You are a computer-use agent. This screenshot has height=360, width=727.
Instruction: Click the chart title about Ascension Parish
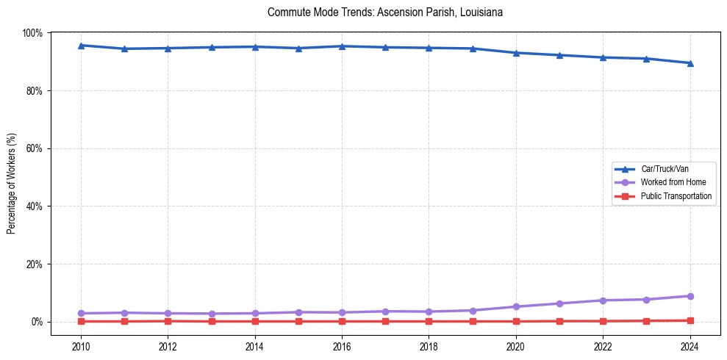(385, 12)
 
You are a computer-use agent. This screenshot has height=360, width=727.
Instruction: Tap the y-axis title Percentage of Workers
(12, 177)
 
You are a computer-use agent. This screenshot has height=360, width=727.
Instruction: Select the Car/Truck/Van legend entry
(664, 168)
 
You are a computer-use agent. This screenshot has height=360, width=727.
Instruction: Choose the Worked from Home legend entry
(673, 182)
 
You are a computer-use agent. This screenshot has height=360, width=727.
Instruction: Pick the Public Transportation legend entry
(676, 196)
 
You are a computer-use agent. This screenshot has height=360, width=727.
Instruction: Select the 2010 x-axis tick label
(81, 346)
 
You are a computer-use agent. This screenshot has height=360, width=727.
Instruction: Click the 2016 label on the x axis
(342, 346)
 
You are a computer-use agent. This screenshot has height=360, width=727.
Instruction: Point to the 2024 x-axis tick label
(690, 346)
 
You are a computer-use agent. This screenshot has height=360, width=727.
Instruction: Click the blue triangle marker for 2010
(81, 46)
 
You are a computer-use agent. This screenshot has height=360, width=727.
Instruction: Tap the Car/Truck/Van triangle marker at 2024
(690, 63)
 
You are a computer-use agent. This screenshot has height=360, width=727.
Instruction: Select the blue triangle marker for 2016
(342, 46)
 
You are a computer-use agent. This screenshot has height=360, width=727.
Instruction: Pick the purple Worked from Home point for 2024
(690, 296)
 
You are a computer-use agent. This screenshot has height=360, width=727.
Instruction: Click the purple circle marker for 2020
(516, 306)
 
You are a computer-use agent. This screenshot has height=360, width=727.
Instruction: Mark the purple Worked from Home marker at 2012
(168, 313)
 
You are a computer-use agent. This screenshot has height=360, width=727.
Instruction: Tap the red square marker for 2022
(603, 321)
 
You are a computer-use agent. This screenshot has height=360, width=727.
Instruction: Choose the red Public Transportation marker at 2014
(255, 321)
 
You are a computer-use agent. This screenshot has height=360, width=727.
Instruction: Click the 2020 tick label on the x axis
(516, 346)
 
